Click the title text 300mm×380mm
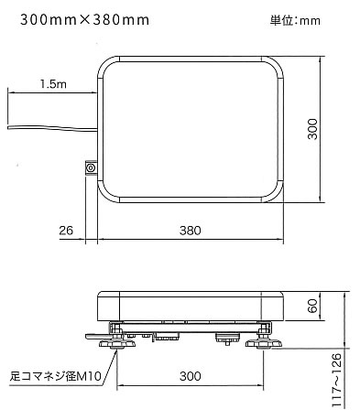85,20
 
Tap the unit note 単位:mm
295,21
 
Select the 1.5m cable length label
53,84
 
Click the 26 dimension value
66,231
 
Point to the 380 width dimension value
190,231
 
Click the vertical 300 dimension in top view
312,129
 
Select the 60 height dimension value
312,306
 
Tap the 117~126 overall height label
336,380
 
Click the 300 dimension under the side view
190,376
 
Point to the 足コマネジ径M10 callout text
55,376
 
